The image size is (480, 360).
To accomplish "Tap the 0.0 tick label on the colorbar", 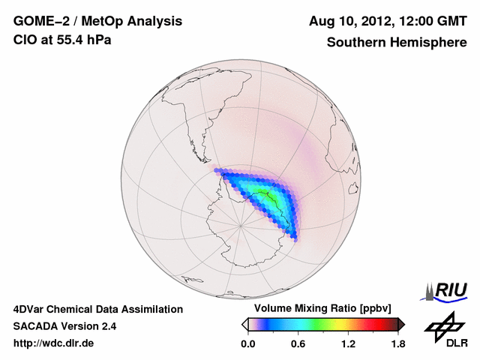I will (247, 344).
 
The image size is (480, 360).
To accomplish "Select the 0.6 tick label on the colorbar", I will (298, 344).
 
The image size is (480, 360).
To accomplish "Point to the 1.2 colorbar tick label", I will (348, 344).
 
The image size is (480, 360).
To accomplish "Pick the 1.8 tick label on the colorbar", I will (397, 344).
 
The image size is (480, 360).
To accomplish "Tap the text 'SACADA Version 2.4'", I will (64, 326).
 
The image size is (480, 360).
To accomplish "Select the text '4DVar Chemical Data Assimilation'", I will (98, 309).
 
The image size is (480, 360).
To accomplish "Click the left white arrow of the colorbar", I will (244, 324).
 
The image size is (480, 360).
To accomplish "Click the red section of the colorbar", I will (375, 324).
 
